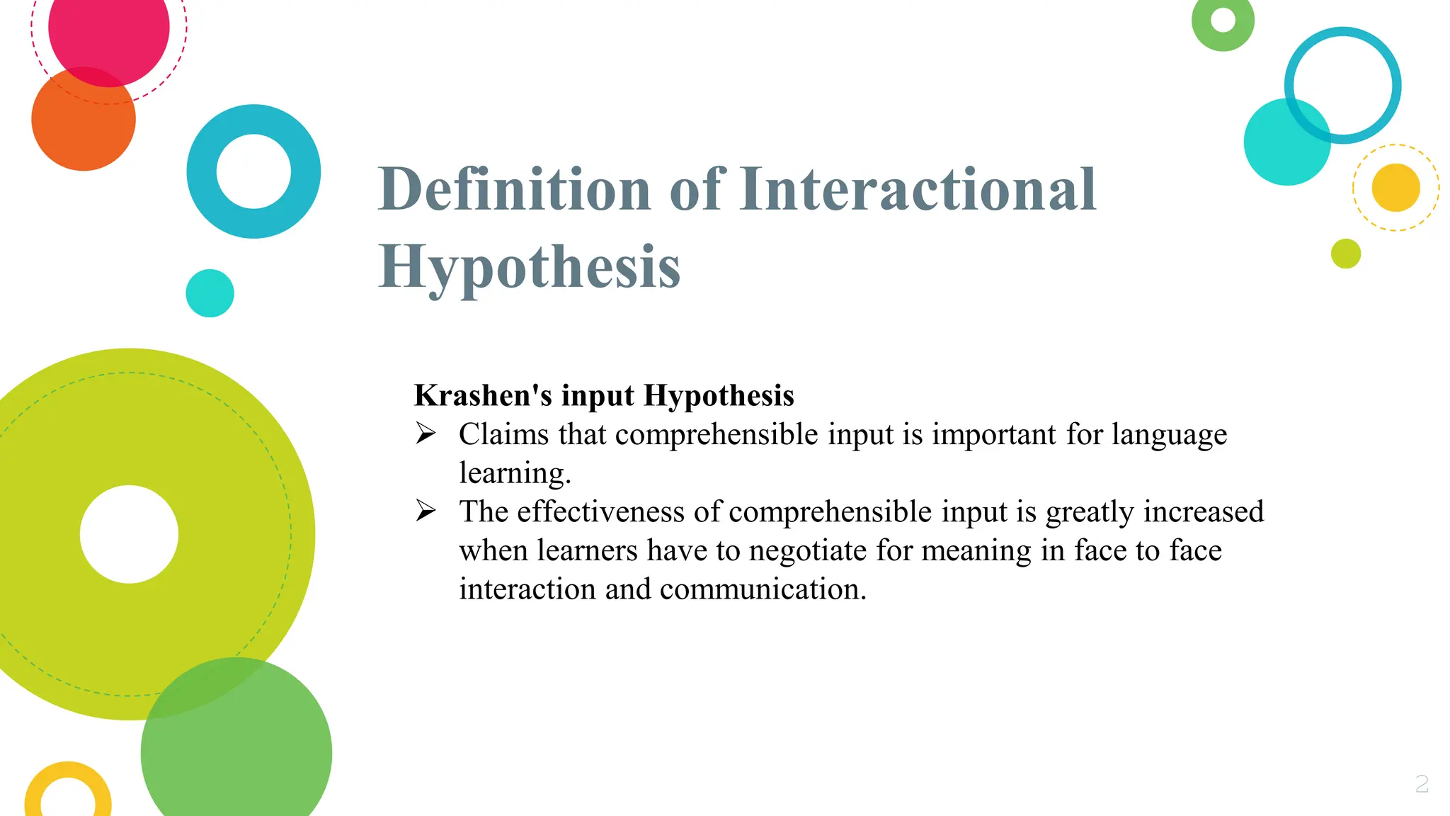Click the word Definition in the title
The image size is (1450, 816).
tap(514, 189)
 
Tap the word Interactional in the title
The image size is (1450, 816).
tap(918, 189)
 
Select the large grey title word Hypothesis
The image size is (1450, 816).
tap(529, 268)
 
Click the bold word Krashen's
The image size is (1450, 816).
tap(483, 395)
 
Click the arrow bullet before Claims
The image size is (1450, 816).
tap(426, 433)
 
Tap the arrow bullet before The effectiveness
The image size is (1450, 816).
tap(426, 510)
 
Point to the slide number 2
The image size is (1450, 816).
tap(1422, 783)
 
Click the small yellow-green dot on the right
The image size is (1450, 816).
tap(1346, 254)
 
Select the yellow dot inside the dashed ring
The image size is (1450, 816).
tap(1395, 188)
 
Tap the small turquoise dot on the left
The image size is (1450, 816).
tap(210, 293)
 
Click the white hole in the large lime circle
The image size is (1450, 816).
tap(129, 534)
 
